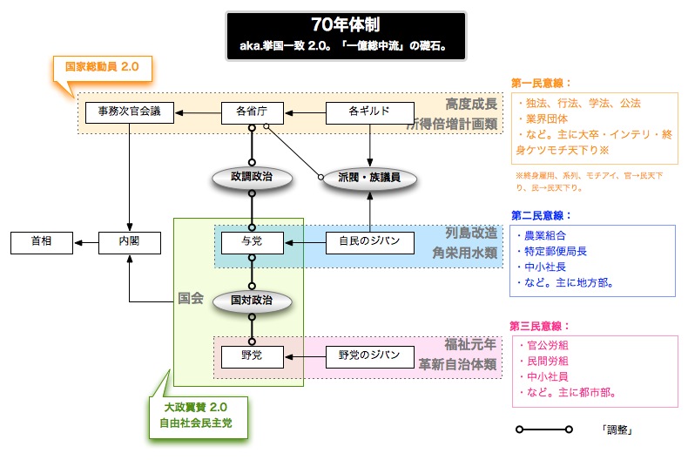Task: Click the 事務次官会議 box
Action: pos(129,112)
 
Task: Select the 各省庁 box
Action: pos(251,112)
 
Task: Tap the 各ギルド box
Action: pos(369,112)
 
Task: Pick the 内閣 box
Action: pos(129,240)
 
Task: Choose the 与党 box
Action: pos(251,240)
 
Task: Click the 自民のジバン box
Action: pos(369,240)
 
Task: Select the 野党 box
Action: pos(251,355)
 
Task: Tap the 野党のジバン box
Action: pos(369,355)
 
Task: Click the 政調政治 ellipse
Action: pos(251,176)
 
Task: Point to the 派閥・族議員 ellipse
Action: pos(369,176)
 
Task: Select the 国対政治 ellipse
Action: pos(251,299)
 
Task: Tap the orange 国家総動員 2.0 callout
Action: pos(97,65)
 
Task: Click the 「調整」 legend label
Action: pos(616,430)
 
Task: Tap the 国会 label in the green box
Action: pos(190,298)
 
